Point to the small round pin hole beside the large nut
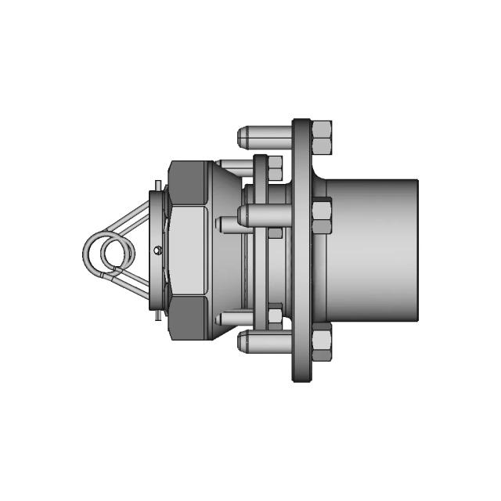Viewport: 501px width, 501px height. point(158,250)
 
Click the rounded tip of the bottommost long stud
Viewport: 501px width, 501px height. point(241,341)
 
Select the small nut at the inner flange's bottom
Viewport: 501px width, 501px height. point(275,315)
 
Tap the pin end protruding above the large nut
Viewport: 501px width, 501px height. point(159,186)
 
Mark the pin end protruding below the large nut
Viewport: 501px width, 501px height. point(159,315)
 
